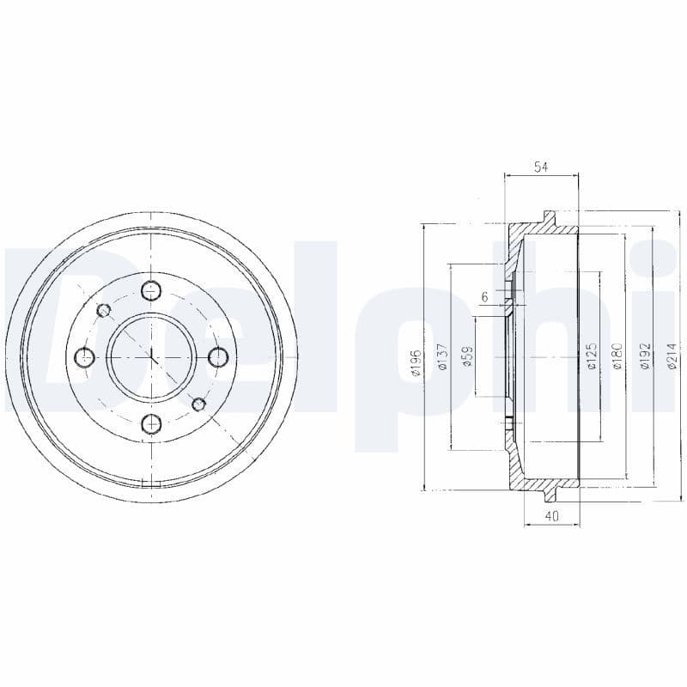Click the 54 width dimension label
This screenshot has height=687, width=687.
pos(541,167)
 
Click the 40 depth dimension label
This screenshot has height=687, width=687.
pos(552,516)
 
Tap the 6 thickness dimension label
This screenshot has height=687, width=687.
pos(484,296)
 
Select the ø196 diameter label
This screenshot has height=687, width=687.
pos(416,362)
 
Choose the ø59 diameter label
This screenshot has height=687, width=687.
pos(468,356)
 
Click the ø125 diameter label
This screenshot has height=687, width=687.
pos(592,356)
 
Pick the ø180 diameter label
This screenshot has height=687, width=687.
pos(617,356)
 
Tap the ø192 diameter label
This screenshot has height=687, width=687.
pos(644,356)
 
